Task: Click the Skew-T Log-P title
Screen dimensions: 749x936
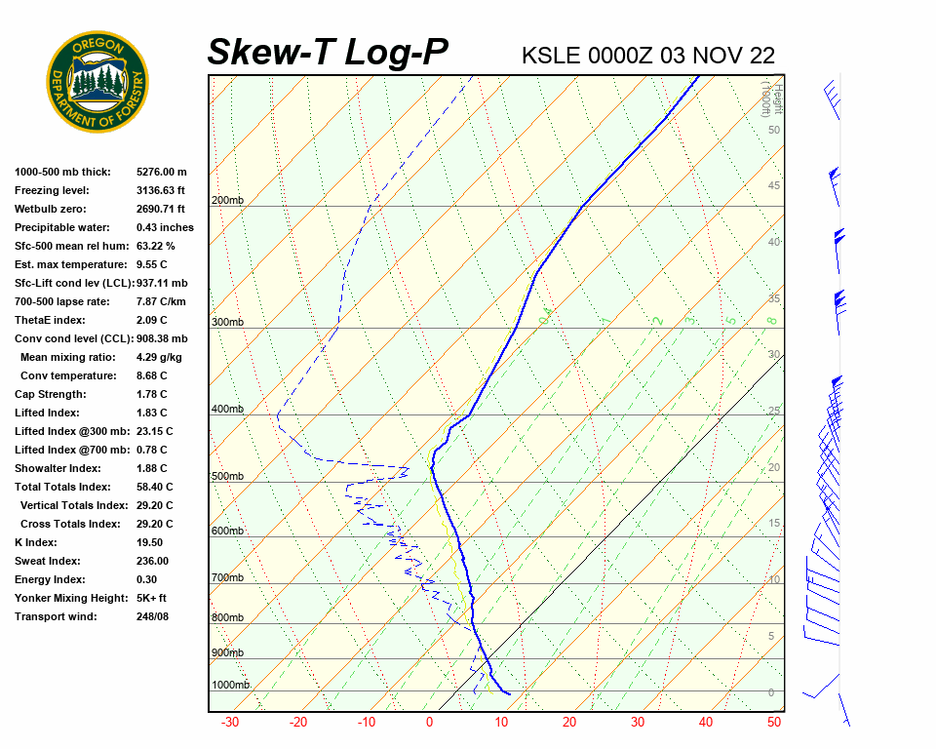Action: point(328,52)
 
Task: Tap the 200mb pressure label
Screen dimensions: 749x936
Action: point(227,201)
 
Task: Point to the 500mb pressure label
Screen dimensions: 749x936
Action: point(227,477)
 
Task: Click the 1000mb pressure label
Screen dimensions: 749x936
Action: point(230,686)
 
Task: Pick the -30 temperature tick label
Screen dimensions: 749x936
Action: point(230,723)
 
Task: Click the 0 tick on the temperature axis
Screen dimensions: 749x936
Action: point(429,723)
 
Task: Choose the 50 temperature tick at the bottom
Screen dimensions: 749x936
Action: point(774,723)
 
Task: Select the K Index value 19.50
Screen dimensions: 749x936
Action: point(150,542)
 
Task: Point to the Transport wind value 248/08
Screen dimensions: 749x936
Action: point(153,616)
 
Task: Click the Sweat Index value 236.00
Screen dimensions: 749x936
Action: point(153,561)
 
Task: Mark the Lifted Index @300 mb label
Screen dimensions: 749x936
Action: point(66,431)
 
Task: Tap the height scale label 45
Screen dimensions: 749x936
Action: point(774,186)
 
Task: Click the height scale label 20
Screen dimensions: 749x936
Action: point(774,468)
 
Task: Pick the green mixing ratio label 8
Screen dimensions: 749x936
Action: point(770,320)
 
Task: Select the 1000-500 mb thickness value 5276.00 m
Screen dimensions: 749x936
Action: point(162,172)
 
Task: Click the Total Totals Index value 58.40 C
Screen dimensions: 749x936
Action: point(155,487)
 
